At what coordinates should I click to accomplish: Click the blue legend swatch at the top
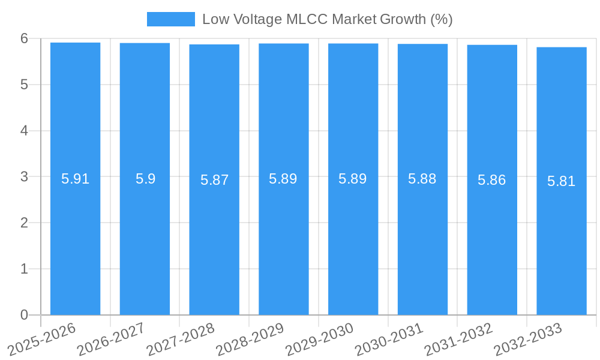pos(171,19)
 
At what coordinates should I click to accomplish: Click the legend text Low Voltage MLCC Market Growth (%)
pos(327,19)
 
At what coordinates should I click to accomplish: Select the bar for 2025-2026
pos(75,240)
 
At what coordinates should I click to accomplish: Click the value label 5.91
pos(76,179)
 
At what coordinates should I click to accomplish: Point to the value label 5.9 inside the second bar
pos(145,179)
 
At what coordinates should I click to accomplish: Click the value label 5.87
pos(214,180)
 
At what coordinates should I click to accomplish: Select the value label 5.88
pos(422,179)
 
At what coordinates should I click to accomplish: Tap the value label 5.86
pos(492,180)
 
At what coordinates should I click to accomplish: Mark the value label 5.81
pos(562,181)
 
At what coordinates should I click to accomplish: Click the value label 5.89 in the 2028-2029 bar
pos(283,179)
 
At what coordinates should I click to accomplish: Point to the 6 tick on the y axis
pos(24,38)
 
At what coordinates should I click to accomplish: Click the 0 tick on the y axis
pos(24,315)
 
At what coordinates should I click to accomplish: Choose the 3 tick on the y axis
pos(24,177)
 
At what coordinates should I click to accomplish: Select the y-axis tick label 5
pos(24,85)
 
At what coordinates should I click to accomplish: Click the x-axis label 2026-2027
pos(112,340)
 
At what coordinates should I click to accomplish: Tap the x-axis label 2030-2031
pos(389,340)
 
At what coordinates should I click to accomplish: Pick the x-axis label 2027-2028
pos(181,340)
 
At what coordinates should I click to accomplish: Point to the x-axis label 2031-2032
pos(459,340)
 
